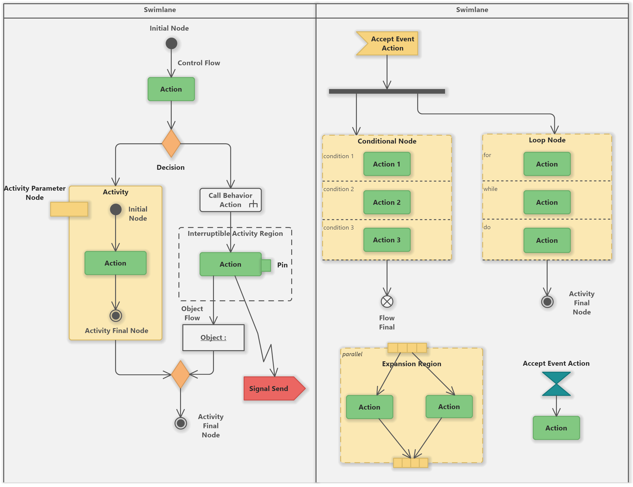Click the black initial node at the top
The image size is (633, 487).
coord(171,43)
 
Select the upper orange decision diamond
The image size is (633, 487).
coord(171,143)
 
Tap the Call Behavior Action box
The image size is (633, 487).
coord(230,200)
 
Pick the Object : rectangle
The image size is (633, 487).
coord(213,337)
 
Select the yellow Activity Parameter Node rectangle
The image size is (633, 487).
coord(69,209)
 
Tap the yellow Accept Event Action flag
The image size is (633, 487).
coord(388,43)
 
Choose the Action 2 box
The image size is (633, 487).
coord(387,202)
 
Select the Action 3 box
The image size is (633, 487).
coord(387,240)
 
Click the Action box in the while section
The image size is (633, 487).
coord(547,202)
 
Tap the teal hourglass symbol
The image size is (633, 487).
coord(556,384)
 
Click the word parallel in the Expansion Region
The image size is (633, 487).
coord(352,354)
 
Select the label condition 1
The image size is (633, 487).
coord(338,156)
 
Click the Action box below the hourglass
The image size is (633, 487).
coord(556,428)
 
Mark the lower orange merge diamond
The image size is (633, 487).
coord(180,374)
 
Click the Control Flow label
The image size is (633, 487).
coord(199,63)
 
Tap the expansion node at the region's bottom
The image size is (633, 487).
coord(410,463)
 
